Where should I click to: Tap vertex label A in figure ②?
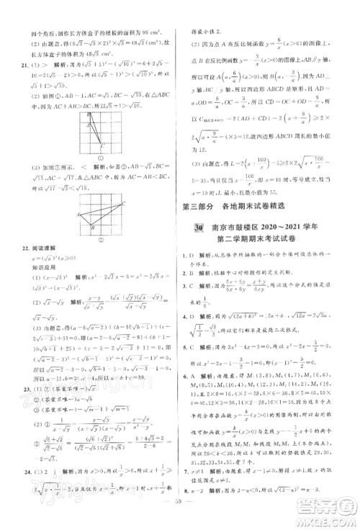pyautogui.click(x=78, y=215)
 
